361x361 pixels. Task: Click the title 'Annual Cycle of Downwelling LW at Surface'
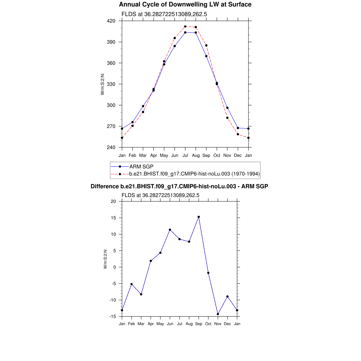click(x=185, y=5)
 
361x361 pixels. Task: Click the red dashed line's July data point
click(x=185, y=26)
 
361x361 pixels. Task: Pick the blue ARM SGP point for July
click(x=185, y=32)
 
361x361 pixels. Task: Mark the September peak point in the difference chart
click(x=199, y=217)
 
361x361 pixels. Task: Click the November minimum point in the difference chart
click(x=218, y=314)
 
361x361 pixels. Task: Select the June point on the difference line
click(x=170, y=230)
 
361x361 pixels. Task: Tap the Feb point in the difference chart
click(x=131, y=284)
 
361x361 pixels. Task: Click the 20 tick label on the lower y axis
click(x=113, y=201)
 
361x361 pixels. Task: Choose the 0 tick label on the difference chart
click(x=115, y=267)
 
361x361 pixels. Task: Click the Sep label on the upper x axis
click(x=206, y=155)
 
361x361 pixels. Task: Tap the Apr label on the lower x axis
click(x=151, y=324)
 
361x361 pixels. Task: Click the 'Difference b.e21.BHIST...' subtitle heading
click(x=179, y=186)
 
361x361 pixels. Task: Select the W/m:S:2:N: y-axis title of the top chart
click(x=103, y=84)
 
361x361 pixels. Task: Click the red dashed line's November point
click(x=227, y=118)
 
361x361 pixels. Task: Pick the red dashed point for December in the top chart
click(x=238, y=134)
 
